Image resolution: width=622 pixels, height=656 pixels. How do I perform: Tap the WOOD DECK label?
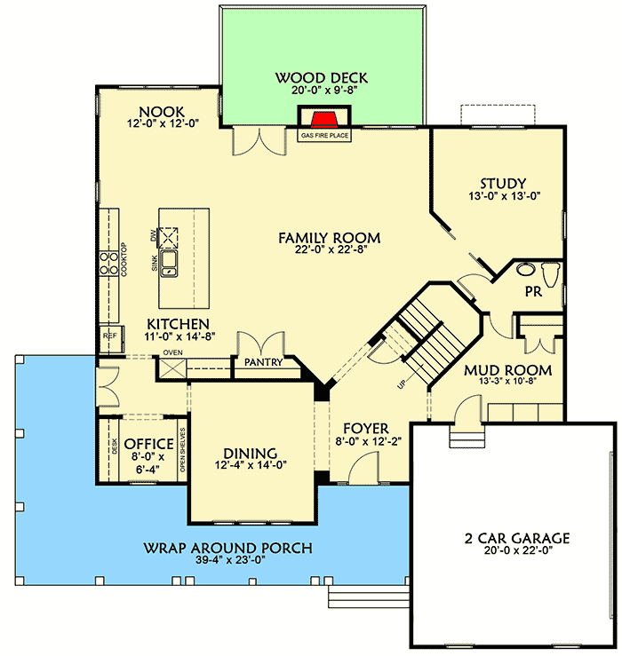click(321, 78)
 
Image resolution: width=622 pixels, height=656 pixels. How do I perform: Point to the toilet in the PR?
click(549, 272)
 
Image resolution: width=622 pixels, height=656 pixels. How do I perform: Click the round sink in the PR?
click(524, 271)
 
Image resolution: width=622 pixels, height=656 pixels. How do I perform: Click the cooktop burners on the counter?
click(109, 261)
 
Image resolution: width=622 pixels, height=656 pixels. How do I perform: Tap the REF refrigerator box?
click(109, 336)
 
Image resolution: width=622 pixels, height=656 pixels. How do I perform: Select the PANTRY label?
click(265, 362)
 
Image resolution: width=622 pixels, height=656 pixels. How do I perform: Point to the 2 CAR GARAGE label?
click(515, 538)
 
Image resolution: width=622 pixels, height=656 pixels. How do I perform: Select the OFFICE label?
click(142, 444)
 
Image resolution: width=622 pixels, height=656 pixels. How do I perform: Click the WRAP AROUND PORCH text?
click(227, 548)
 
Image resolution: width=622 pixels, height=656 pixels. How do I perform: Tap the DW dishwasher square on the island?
click(169, 235)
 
